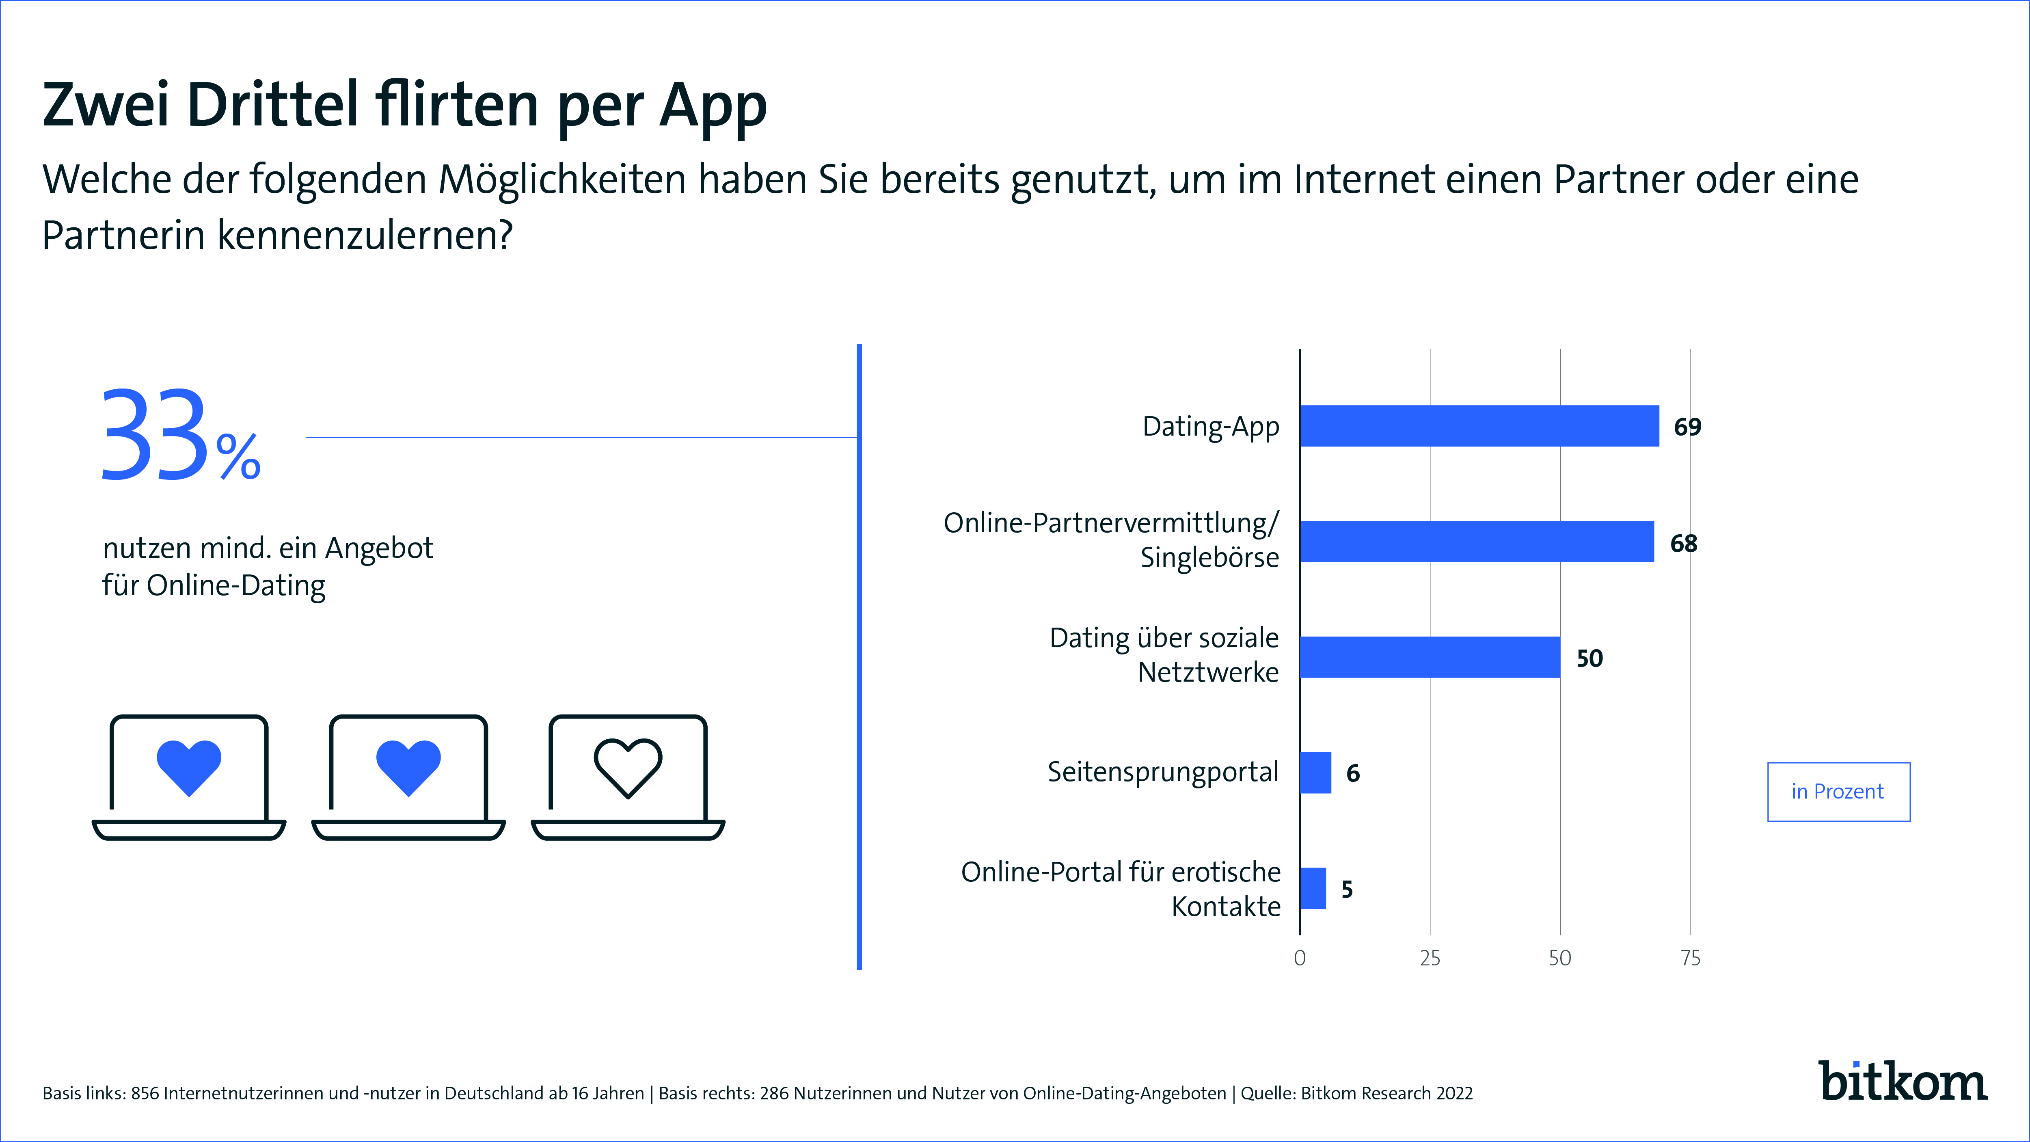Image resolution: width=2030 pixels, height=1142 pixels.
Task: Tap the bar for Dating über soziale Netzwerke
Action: point(1430,657)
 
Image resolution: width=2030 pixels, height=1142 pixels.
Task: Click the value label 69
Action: point(1687,427)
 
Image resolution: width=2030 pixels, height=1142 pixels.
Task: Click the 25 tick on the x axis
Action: point(1430,959)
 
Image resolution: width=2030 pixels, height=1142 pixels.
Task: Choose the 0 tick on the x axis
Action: point(1300,959)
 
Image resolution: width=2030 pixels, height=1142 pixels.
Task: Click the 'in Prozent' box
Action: point(1838,791)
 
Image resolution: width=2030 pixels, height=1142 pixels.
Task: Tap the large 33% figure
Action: point(180,436)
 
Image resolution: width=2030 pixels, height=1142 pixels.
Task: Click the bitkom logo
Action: point(1903,1082)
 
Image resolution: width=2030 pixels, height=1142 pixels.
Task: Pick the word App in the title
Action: point(713,106)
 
